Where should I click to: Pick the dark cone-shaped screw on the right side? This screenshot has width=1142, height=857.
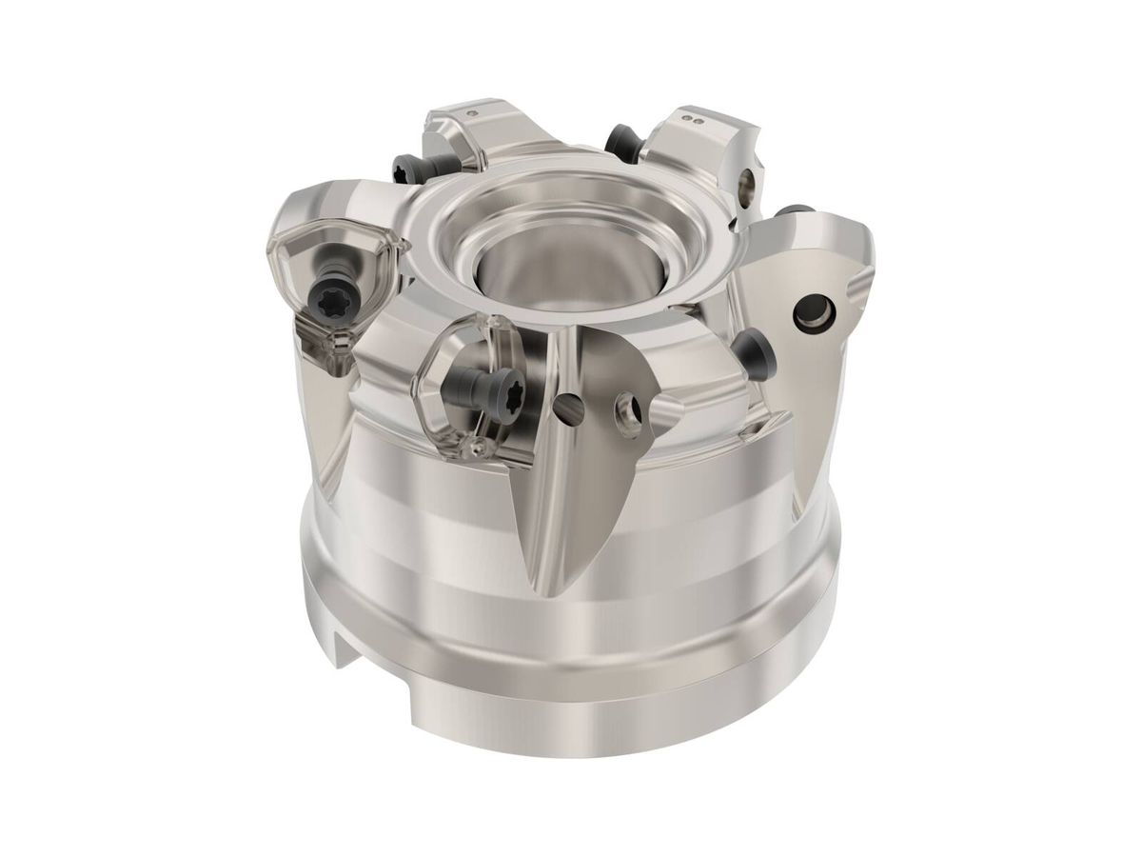tap(757, 352)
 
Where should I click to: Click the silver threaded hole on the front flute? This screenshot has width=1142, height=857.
tap(628, 412)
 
